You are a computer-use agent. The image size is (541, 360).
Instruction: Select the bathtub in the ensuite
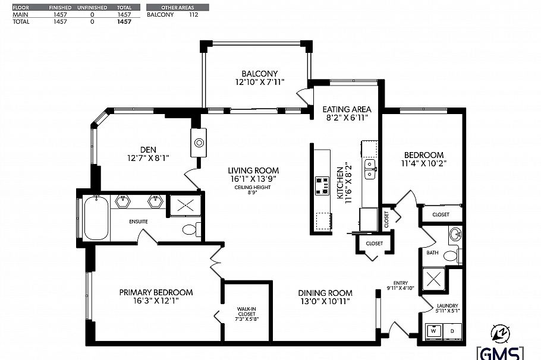(95, 218)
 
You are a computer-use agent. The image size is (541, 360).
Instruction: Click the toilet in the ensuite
(190, 229)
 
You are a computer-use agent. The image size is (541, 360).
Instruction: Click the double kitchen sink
(370, 168)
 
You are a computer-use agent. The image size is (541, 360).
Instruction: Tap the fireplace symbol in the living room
(199, 143)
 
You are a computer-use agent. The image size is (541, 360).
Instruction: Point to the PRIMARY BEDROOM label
(156, 292)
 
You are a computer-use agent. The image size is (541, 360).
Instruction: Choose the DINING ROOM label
(325, 293)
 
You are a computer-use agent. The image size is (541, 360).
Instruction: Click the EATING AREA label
(347, 109)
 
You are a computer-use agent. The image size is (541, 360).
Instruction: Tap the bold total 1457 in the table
(124, 21)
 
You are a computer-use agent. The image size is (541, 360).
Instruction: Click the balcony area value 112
(193, 15)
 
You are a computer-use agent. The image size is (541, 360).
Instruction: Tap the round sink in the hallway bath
(455, 233)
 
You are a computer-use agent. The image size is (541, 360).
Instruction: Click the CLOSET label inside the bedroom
(441, 214)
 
